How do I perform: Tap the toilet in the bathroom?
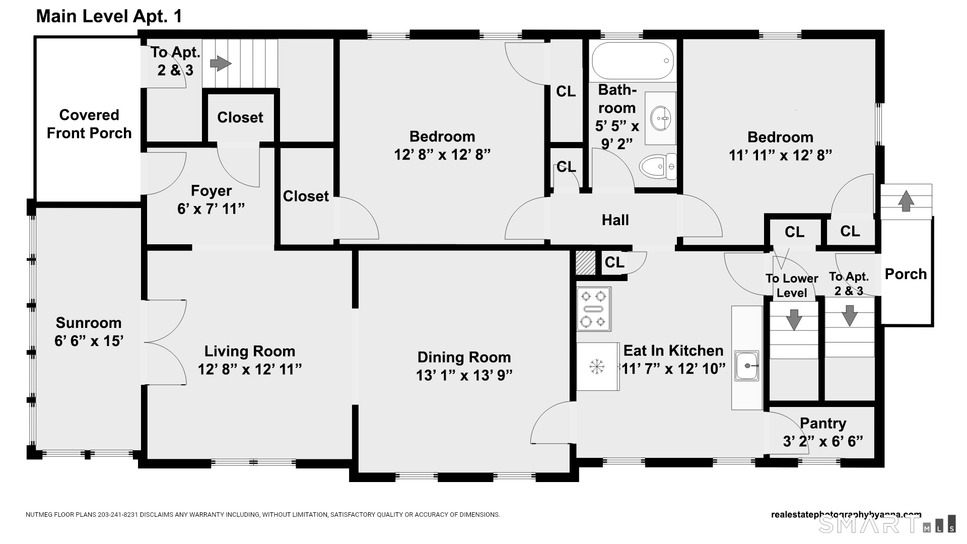(x=658, y=166)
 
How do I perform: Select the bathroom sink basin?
(x=660, y=119)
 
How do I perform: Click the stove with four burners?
(x=594, y=309)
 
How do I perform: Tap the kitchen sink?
(x=747, y=365)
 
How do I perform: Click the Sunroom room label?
(x=89, y=323)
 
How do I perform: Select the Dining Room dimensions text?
(x=464, y=376)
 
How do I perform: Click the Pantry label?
(x=823, y=424)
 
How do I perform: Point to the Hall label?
(x=615, y=220)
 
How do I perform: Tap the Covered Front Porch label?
(x=89, y=124)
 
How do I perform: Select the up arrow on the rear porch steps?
(x=906, y=200)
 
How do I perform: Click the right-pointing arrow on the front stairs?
(x=221, y=63)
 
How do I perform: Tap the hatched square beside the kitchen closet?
(x=586, y=263)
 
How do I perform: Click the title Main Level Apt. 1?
(x=109, y=17)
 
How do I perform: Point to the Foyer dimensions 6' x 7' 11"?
(x=211, y=209)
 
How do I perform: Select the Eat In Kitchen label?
(x=673, y=351)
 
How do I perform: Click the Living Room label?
(x=250, y=351)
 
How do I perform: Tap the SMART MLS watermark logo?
(x=887, y=524)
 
